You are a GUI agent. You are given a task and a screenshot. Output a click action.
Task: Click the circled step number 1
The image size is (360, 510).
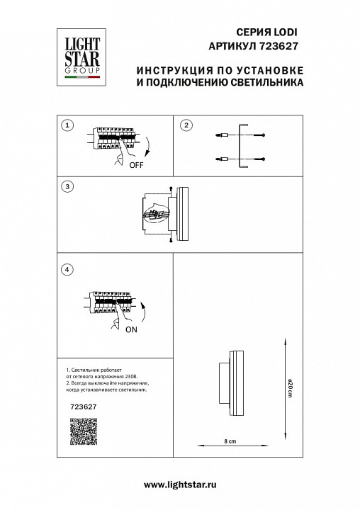[67, 126]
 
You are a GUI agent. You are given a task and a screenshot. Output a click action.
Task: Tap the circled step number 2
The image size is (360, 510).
[186, 126]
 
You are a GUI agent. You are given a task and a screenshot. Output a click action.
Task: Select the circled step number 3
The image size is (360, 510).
[67, 187]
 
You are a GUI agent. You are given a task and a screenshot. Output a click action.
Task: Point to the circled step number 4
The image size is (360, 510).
[67, 269]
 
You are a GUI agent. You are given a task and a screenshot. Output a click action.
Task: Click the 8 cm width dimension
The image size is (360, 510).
[229, 441]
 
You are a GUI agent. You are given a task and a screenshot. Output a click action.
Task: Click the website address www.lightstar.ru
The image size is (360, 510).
[179, 484]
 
